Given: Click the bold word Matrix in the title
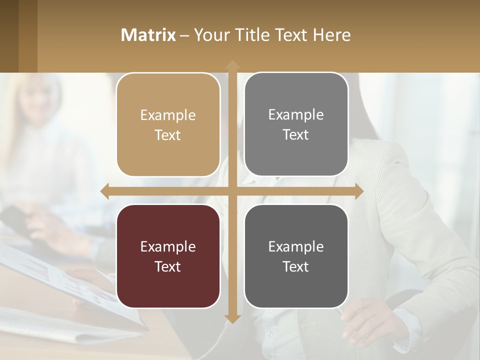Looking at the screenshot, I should point(148,35).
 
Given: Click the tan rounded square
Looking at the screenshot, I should point(168,124).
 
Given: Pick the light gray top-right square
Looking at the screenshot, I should point(296,124).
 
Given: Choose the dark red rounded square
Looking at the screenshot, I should point(168,256).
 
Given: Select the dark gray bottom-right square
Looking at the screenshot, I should point(296,256).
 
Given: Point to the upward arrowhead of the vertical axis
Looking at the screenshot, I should point(232,65).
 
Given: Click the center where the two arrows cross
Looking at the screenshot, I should point(232,191).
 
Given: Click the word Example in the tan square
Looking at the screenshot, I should point(168,115).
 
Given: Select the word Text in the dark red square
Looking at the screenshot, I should point(168,266).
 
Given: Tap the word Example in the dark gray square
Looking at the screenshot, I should point(296,246).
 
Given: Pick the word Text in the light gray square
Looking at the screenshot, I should point(296,134).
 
